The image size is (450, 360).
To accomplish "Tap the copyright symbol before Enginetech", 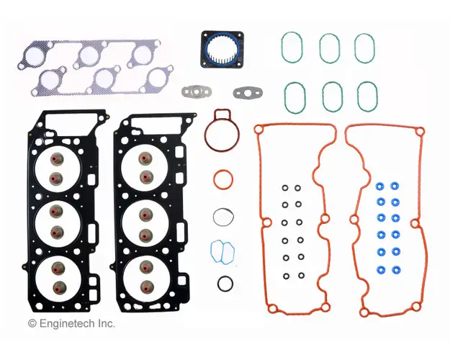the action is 32,323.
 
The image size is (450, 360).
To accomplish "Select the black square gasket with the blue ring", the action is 222,50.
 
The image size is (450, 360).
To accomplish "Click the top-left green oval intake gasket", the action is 282,48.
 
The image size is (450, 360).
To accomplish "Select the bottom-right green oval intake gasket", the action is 359,96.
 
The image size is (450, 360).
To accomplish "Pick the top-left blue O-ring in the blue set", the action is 381,186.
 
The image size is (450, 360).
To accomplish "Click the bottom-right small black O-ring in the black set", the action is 302,276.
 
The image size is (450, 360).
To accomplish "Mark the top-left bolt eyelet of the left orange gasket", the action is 258,130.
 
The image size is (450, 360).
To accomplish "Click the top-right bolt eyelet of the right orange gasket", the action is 420,132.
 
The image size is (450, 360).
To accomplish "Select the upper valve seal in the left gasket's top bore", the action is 57,159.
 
